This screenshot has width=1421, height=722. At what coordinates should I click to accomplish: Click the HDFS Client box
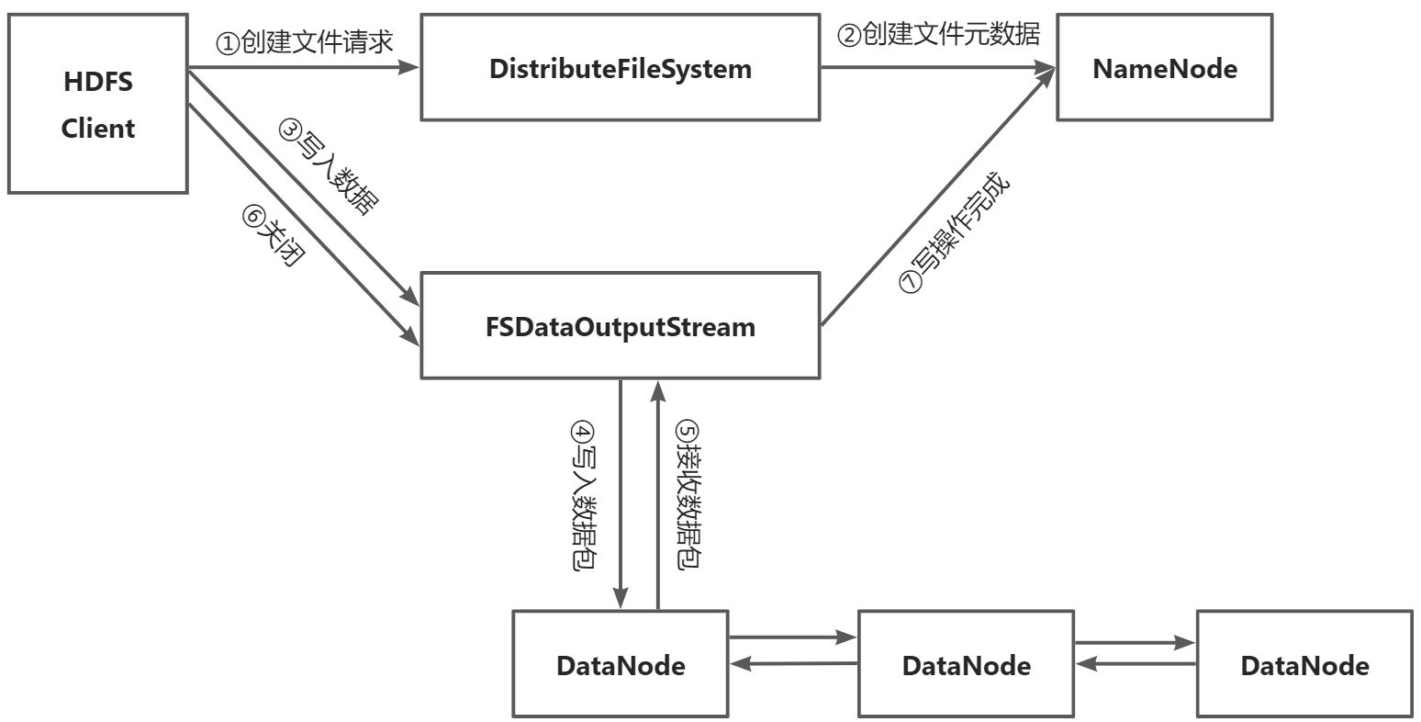(97, 104)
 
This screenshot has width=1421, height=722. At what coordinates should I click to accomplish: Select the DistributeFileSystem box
(620, 68)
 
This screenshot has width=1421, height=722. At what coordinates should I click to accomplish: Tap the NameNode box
(1164, 68)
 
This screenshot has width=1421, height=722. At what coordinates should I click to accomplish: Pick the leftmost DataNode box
(621, 664)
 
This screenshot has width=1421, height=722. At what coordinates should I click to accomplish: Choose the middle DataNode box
(966, 664)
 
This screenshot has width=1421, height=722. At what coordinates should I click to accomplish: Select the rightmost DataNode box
(1304, 664)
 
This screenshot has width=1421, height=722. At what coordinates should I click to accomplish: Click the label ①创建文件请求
(304, 42)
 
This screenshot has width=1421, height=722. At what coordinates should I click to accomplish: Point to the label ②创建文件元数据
(938, 35)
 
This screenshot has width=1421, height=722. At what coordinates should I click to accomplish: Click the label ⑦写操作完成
(955, 234)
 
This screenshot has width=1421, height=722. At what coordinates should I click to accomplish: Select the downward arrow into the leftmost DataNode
(621, 496)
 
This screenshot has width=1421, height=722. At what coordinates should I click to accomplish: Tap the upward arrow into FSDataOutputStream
(657, 496)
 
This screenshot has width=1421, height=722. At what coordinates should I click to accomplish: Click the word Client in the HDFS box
(97, 128)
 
